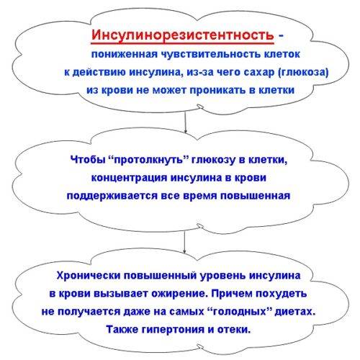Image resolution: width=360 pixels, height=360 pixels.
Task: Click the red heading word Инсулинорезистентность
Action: (182, 35)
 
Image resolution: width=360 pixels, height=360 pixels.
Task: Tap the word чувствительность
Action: (211, 54)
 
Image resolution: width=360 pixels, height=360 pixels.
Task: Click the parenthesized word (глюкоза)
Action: (303, 73)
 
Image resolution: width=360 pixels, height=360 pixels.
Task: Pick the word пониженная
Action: (125, 55)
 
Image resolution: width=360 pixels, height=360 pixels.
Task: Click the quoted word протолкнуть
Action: (149, 160)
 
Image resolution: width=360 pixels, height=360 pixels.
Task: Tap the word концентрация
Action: (130, 179)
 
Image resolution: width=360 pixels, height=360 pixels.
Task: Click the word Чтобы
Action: (88, 159)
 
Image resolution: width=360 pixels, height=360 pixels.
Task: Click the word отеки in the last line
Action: (234, 330)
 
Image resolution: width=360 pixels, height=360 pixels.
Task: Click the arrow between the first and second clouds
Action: (185, 122)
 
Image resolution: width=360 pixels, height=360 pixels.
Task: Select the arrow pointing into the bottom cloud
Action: (184, 242)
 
